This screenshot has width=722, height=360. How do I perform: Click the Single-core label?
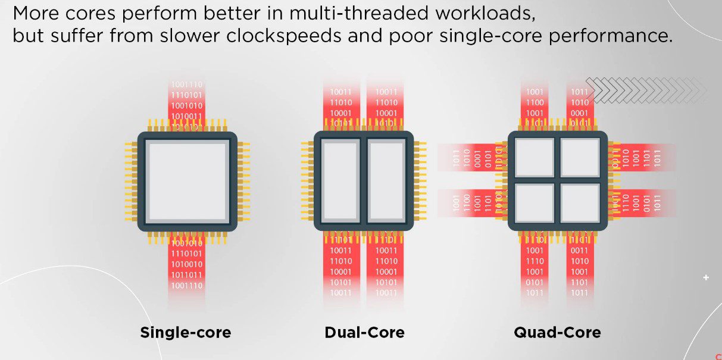point(185,332)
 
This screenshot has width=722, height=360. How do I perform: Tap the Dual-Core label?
point(364,332)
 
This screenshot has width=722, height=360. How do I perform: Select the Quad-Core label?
point(557,332)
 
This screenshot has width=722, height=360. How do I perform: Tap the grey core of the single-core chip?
point(187,181)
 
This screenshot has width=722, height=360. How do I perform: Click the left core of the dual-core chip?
point(340,181)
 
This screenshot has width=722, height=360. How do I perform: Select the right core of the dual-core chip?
point(387,181)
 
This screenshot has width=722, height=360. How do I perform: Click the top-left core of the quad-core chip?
point(533,158)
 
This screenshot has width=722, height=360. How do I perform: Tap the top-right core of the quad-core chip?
point(580,158)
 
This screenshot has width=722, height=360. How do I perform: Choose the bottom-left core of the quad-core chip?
point(533,204)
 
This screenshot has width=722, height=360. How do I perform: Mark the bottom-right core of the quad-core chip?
point(580,204)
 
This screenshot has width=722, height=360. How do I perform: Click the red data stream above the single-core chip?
point(187,101)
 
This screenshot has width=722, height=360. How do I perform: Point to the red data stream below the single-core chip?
point(187,265)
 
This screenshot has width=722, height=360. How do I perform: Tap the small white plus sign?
point(706,277)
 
